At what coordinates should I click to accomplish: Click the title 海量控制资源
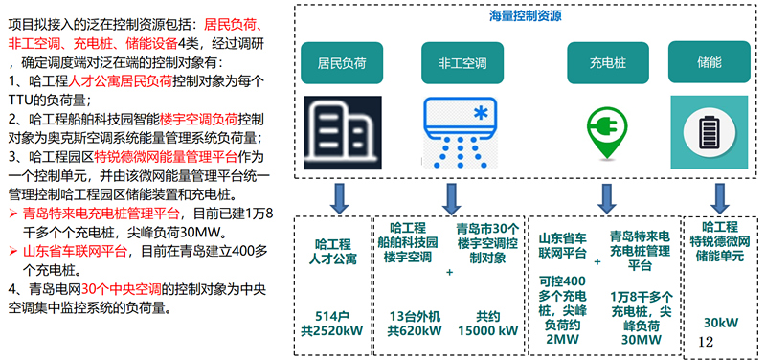525,16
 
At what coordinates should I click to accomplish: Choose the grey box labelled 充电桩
605,63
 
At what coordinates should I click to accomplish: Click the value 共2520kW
337,330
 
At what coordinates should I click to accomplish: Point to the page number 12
707,340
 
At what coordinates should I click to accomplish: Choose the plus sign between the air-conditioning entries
450,272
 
